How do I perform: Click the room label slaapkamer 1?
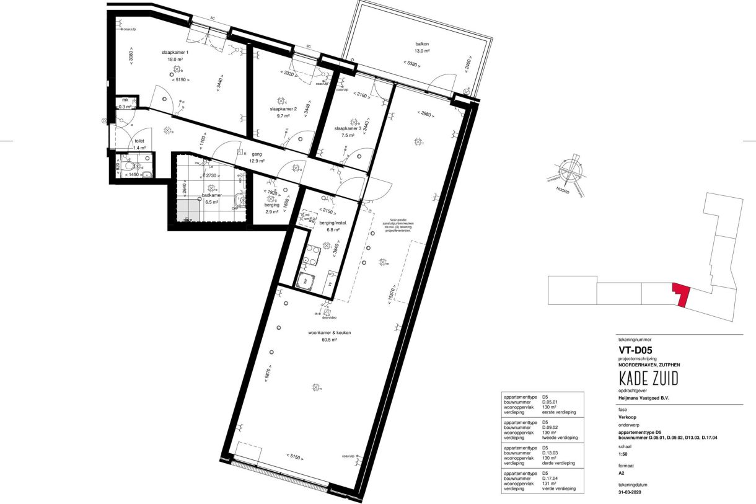[x=175, y=53]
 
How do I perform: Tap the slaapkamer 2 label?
[x=283, y=108]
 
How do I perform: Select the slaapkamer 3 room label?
[x=348, y=128]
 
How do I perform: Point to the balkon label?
[x=422, y=44]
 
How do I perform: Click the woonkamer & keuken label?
[x=330, y=333]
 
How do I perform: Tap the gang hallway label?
[x=257, y=154]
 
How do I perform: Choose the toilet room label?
[x=139, y=141]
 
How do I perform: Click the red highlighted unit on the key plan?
[x=681, y=295]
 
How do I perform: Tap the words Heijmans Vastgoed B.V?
[x=644, y=398]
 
